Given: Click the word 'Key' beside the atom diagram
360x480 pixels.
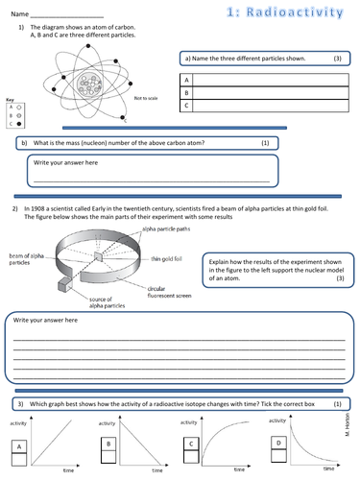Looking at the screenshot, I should click(9, 100).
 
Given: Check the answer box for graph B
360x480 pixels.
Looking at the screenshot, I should click(108, 445).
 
